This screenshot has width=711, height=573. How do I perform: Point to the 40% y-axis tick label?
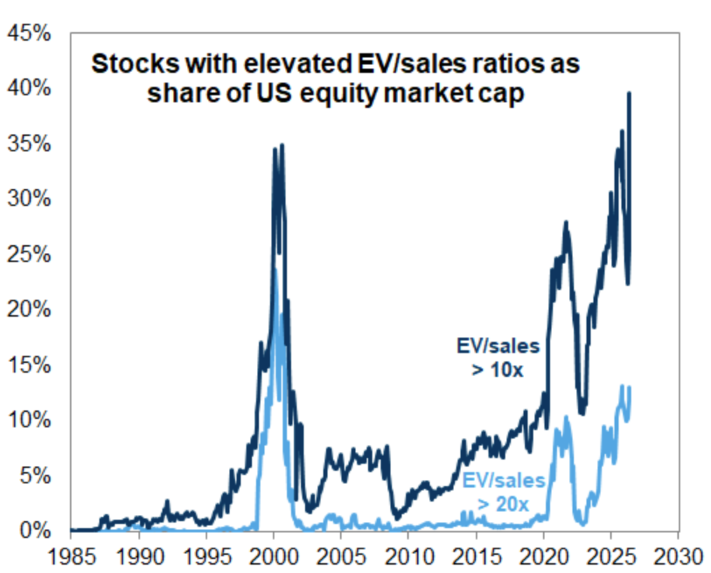pyautogui.click(x=29, y=88)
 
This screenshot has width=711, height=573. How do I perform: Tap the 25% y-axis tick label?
pyautogui.click(x=29, y=254)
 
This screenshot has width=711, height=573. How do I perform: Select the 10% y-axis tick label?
pyautogui.click(x=29, y=420)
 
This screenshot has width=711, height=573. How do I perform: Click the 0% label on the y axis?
pyautogui.click(x=36, y=530)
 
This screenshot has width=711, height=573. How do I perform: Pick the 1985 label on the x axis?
pyautogui.click(x=71, y=557)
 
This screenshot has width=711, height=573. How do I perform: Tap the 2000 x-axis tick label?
pyautogui.click(x=274, y=557)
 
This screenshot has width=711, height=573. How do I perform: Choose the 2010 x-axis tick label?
pyautogui.click(x=409, y=557)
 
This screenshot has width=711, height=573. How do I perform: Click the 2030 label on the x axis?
pyautogui.click(x=679, y=557)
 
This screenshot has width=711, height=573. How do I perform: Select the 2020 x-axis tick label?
pyautogui.click(x=544, y=557)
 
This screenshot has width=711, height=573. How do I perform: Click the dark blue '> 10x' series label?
pyautogui.click(x=498, y=370)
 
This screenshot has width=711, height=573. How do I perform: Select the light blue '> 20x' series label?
pyautogui.click(x=503, y=504)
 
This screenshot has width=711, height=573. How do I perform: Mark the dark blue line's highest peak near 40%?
pyautogui.click(x=629, y=94)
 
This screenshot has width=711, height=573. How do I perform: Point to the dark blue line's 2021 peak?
pyautogui.click(x=565, y=222)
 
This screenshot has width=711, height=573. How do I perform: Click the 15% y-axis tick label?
pyautogui.click(x=29, y=364)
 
